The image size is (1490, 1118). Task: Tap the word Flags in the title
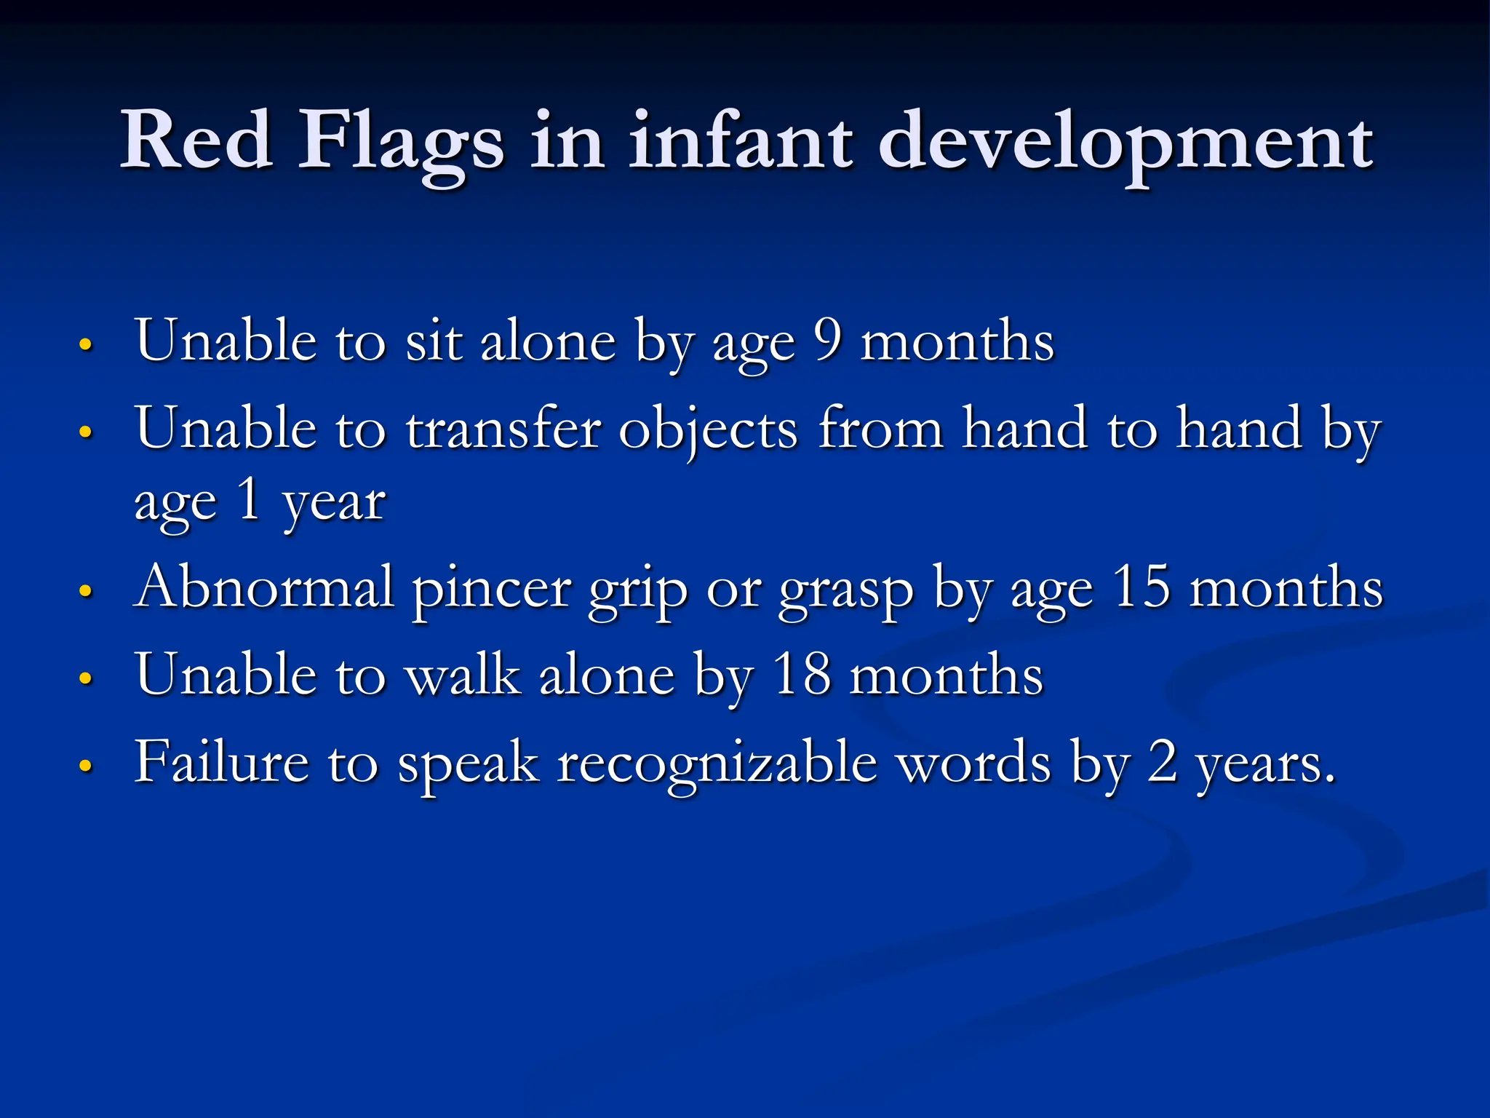tap(400, 142)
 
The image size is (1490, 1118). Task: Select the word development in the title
tap(1126, 142)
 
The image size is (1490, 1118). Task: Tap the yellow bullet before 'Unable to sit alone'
tap(86, 344)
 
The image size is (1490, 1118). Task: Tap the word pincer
tap(491, 590)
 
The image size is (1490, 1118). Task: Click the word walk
tap(463, 675)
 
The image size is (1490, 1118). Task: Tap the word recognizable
tap(717, 764)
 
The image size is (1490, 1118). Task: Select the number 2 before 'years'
tap(1163, 762)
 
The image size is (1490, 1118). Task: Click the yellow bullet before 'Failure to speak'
tap(86, 766)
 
